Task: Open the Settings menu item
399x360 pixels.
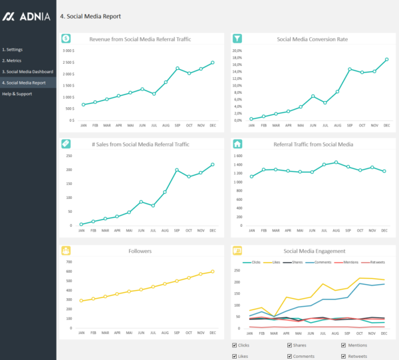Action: [13, 50]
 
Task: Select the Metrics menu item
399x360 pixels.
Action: [13, 61]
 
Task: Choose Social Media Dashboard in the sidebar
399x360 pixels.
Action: [27, 72]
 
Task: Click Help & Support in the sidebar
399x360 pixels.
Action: [17, 94]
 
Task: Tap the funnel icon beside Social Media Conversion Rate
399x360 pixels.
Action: [237, 39]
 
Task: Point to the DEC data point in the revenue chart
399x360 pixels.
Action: [213, 63]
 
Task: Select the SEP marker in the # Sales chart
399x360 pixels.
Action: [177, 170]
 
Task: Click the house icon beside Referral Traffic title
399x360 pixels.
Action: [237, 144]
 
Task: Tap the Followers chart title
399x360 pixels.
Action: [140, 251]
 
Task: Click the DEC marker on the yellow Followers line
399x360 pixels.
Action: [213, 271]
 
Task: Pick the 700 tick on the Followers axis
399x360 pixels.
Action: [68, 262]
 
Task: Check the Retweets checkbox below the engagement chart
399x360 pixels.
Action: [344, 356]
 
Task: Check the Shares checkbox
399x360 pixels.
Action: [290, 345]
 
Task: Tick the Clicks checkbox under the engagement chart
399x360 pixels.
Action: [235, 345]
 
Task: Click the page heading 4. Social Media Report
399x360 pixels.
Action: [90, 16]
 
